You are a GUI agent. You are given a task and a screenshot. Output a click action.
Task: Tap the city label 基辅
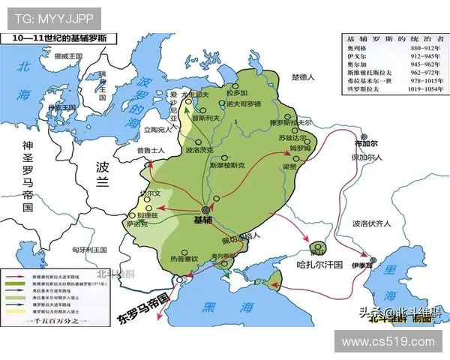202,220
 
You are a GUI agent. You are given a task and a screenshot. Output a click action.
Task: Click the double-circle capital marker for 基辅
205,210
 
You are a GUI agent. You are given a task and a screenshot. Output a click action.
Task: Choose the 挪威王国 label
59,56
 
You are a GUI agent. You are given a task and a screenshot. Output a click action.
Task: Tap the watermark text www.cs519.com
388,341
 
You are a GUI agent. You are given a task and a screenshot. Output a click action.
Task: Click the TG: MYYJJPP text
44,16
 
